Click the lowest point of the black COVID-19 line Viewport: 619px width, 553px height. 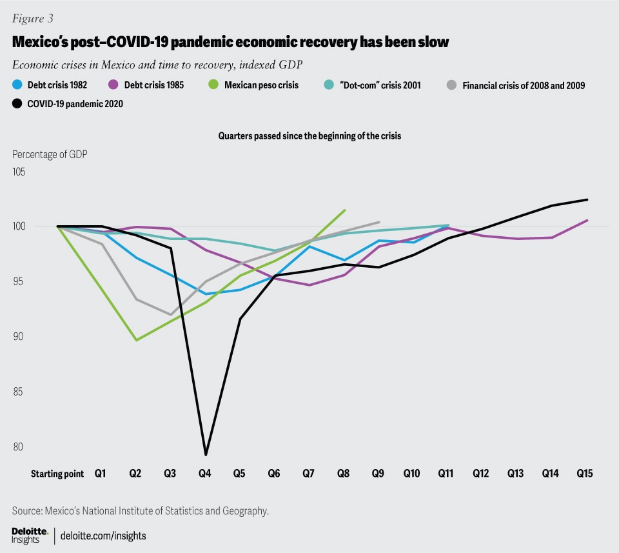[x=205, y=454]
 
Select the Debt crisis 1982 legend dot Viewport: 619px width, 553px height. [x=17, y=85]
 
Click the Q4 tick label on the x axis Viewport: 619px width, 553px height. [x=204, y=473]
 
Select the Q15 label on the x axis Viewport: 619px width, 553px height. [x=584, y=473]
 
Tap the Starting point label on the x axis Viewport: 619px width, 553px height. [x=57, y=473]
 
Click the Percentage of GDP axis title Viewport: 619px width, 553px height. [x=50, y=154]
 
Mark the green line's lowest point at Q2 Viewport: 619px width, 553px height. [x=136, y=340]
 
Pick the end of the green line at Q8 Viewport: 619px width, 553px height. [x=345, y=210]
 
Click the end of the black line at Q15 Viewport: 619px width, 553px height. [x=587, y=199]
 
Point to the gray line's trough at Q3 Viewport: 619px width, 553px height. [x=171, y=315]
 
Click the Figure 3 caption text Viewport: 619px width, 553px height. [x=32, y=19]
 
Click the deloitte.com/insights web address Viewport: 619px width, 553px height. [x=103, y=535]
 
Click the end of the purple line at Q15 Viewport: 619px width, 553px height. [x=587, y=220]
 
